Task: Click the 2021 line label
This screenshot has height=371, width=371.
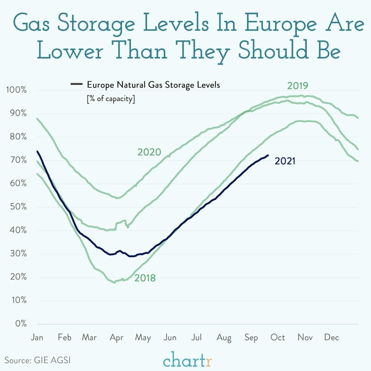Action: coord(285,161)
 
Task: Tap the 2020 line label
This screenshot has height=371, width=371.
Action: coord(149,152)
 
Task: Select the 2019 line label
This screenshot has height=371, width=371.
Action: coord(297,85)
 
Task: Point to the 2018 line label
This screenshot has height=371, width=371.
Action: coord(145,278)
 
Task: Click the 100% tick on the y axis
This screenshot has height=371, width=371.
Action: coord(16,90)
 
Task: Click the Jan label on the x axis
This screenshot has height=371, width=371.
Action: coord(37,337)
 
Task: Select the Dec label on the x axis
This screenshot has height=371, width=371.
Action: coord(331,337)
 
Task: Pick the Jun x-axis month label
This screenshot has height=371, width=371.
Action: coord(170,338)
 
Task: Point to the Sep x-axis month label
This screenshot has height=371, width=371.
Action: coord(251,338)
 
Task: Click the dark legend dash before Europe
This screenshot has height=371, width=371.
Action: coord(76,84)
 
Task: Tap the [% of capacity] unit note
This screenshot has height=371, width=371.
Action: coord(111,99)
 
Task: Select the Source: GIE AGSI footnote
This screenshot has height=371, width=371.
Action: coord(37,360)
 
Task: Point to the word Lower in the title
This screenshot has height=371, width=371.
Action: coord(70,51)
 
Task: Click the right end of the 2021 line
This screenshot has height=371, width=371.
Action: coord(268,155)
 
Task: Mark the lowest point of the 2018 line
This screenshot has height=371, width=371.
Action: coord(115,282)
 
